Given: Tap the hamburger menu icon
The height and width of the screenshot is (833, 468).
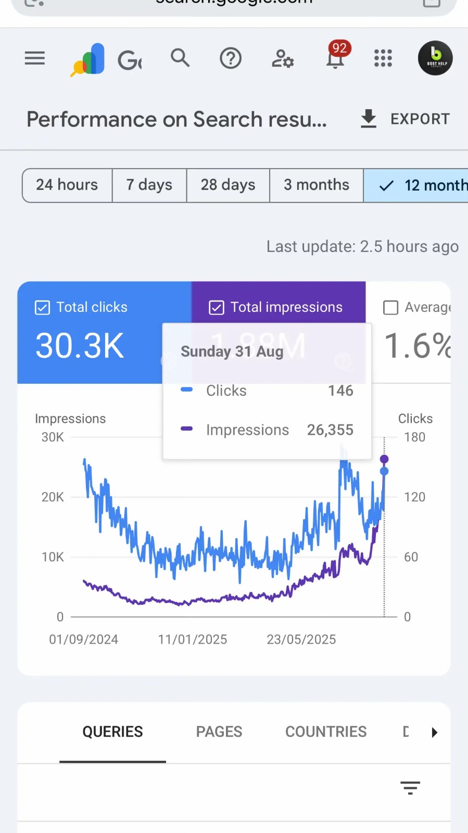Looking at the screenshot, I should (35, 58).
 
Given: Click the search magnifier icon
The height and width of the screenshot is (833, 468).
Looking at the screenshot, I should (180, 58).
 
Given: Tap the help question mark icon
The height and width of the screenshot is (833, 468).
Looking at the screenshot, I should (230, 58).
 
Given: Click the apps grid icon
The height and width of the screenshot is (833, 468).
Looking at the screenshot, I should (383, 58).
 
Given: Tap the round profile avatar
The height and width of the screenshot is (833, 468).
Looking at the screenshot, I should (435, 58).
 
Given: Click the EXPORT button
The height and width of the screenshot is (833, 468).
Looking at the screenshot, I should (405, 119).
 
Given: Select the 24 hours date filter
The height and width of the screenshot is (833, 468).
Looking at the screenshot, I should (67, 185).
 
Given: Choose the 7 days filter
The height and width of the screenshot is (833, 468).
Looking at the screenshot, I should (149, 185).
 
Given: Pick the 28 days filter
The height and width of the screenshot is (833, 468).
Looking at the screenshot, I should (228, 185).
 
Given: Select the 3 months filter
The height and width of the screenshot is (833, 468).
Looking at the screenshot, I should (317, 185).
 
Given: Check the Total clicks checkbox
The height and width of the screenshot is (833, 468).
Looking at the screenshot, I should (42, 308).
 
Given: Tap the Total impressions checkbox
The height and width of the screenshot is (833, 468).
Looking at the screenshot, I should (217, 308).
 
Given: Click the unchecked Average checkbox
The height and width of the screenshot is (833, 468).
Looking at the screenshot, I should (390, 308).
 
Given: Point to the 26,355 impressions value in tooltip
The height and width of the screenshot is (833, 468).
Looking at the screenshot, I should (330, 430).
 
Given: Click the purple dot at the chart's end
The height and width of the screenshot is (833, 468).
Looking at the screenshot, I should (384, 459).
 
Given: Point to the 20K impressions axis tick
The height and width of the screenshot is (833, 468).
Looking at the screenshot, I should (53, 497).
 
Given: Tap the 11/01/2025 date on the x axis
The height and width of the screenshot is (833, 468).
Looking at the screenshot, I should (193, 639).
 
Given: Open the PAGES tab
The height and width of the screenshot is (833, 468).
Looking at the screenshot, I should (219, 732).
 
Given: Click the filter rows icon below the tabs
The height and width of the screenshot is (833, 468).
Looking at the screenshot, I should (410, 788).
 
